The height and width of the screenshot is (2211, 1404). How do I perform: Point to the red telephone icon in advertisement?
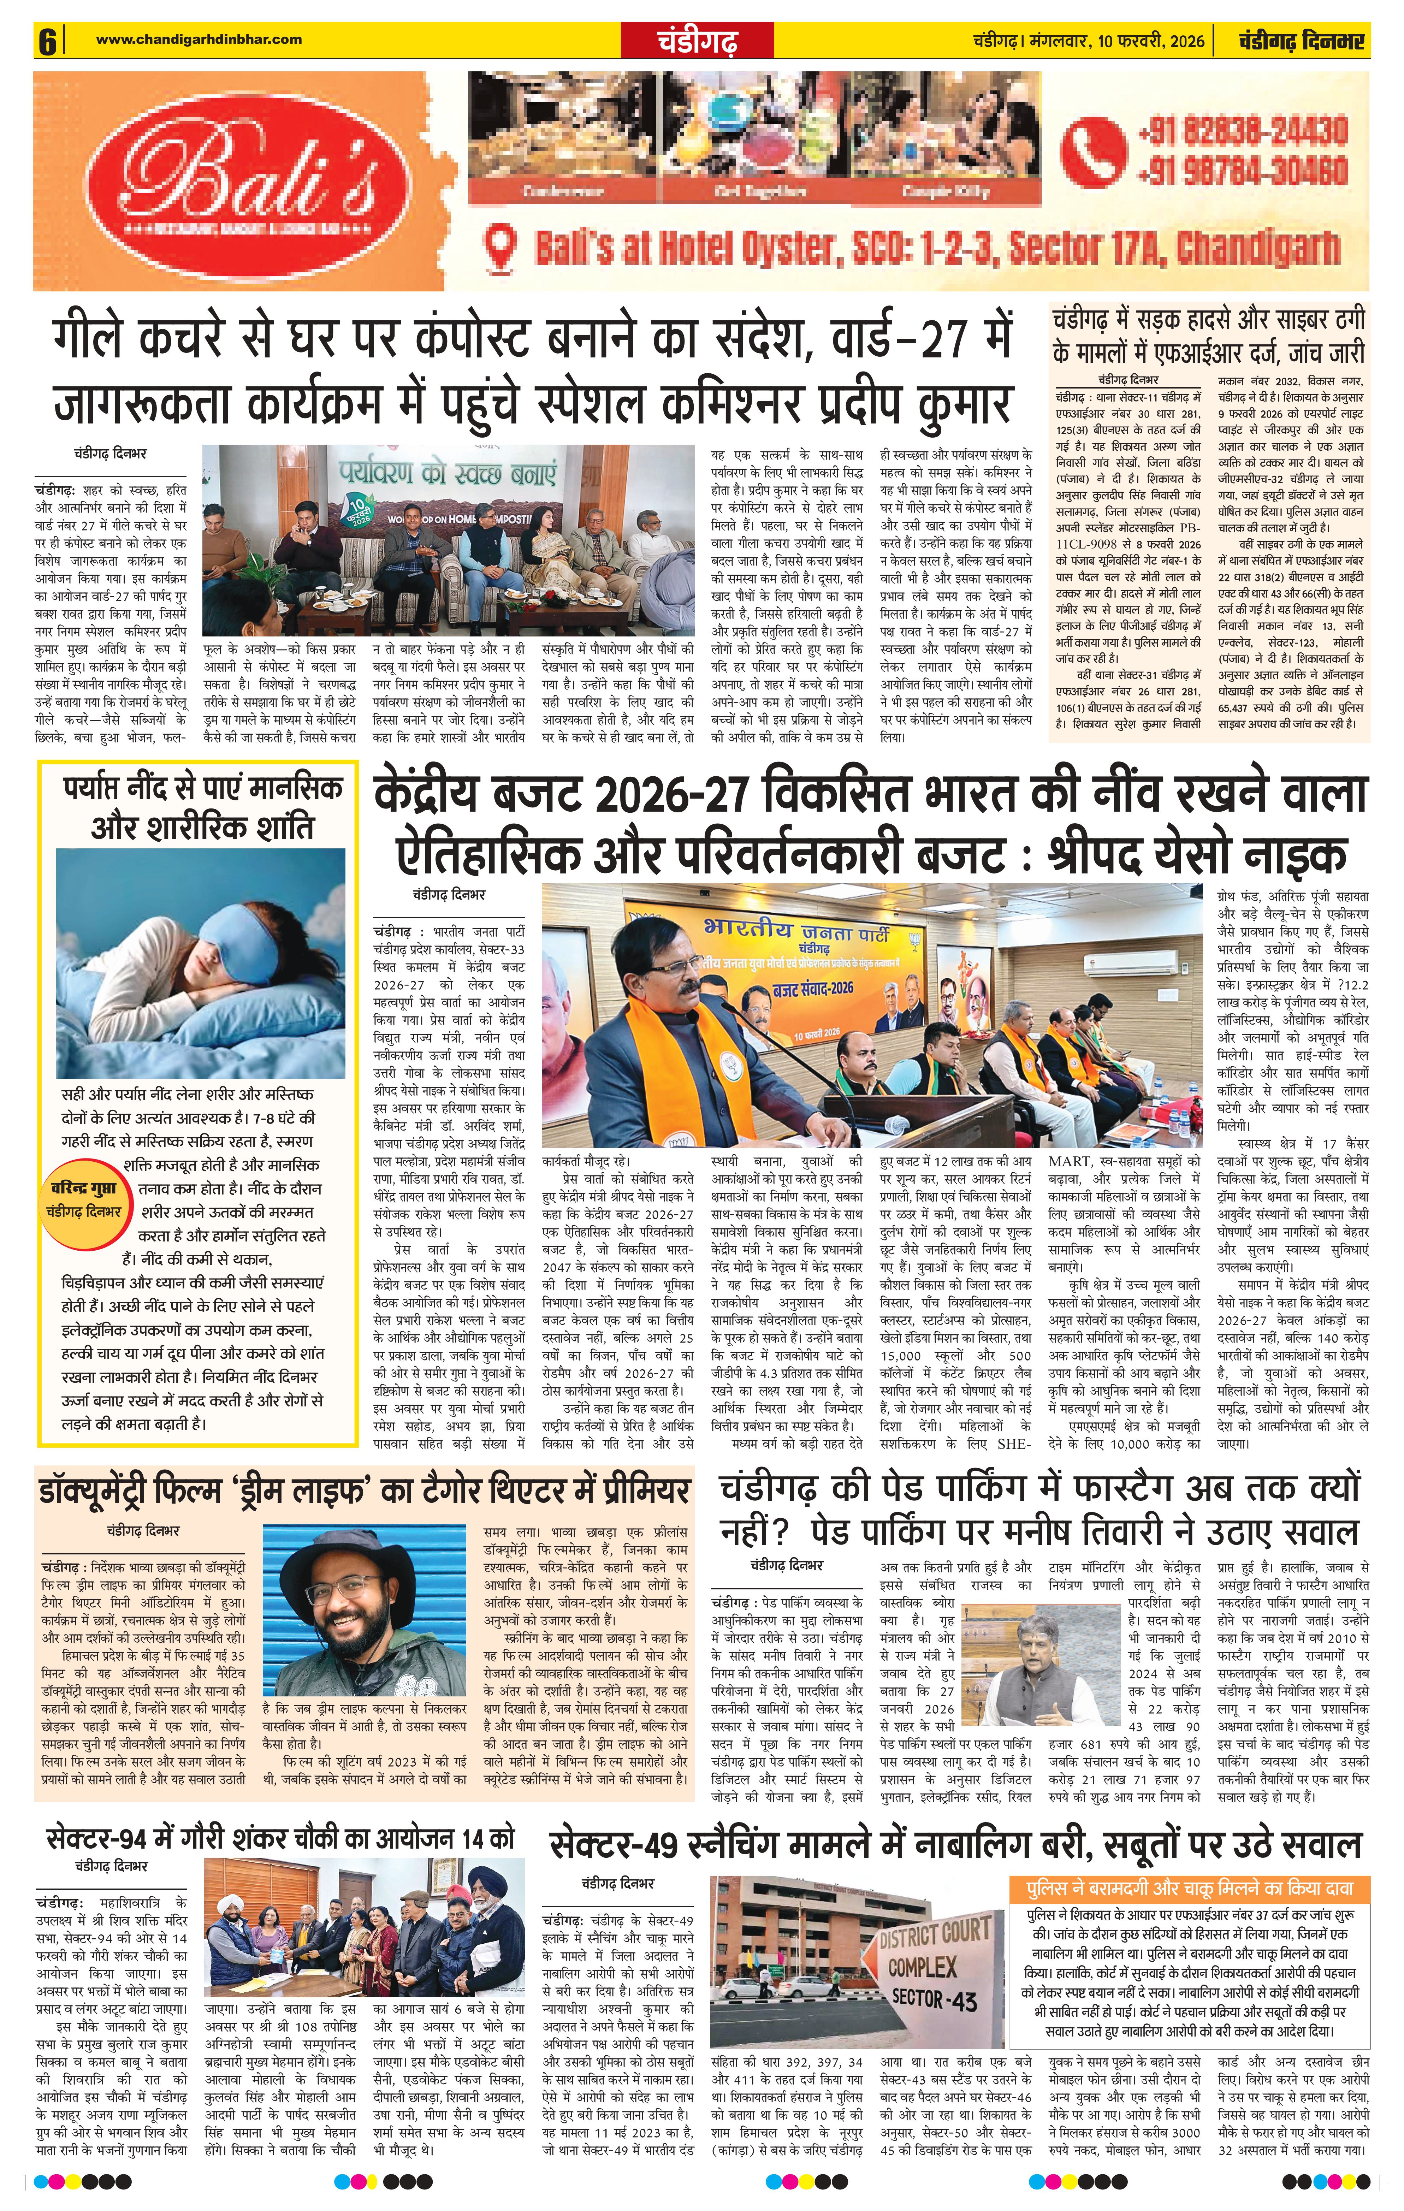point(1093,149)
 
